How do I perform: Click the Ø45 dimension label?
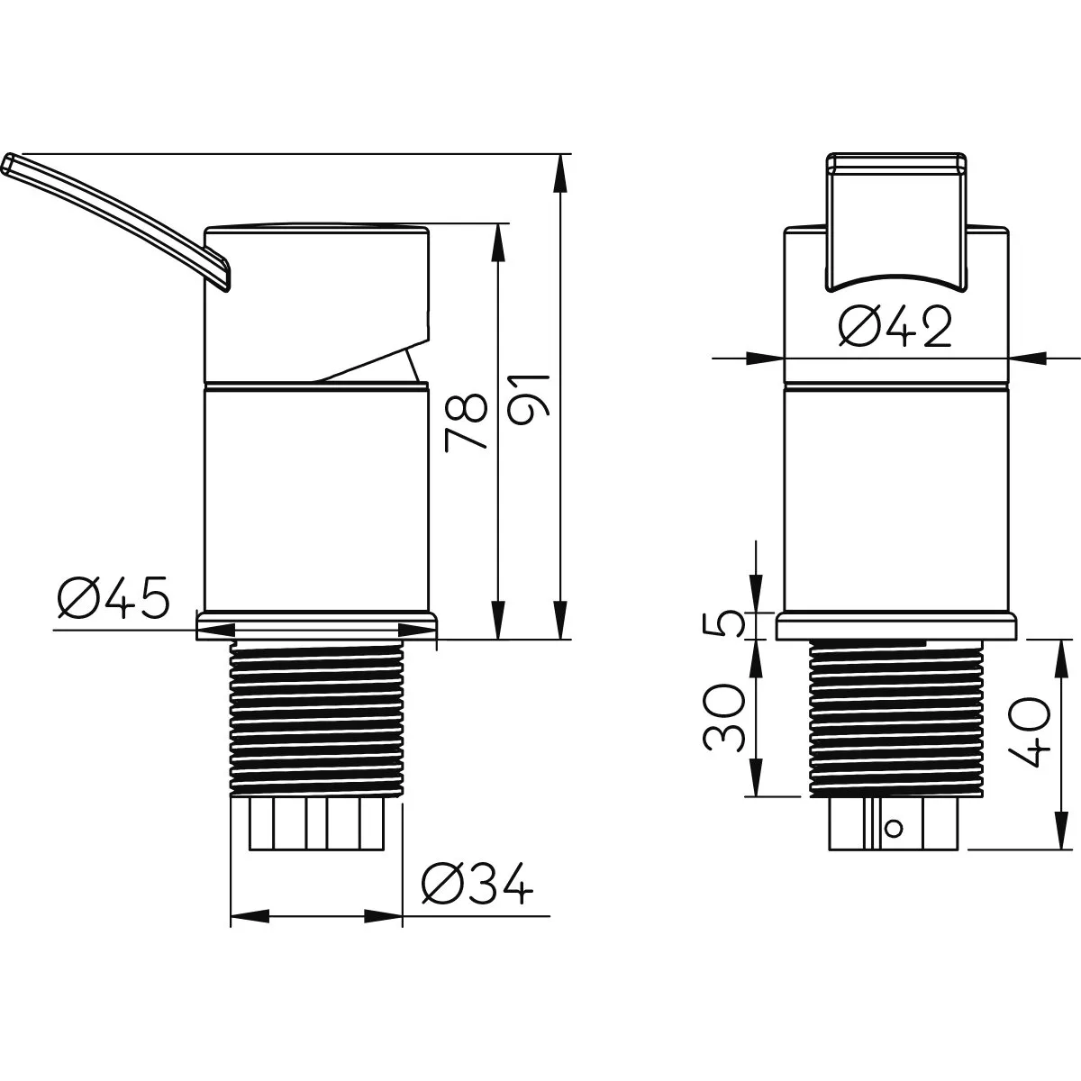(113, 597)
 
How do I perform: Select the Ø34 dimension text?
(477, 883)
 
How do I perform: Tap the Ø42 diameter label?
(895, 327)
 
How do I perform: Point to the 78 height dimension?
(466, 422)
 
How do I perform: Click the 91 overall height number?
(529, 400)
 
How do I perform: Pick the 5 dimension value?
(723, 625)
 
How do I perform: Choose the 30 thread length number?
(723, 717)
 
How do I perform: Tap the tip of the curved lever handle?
(8, 163)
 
